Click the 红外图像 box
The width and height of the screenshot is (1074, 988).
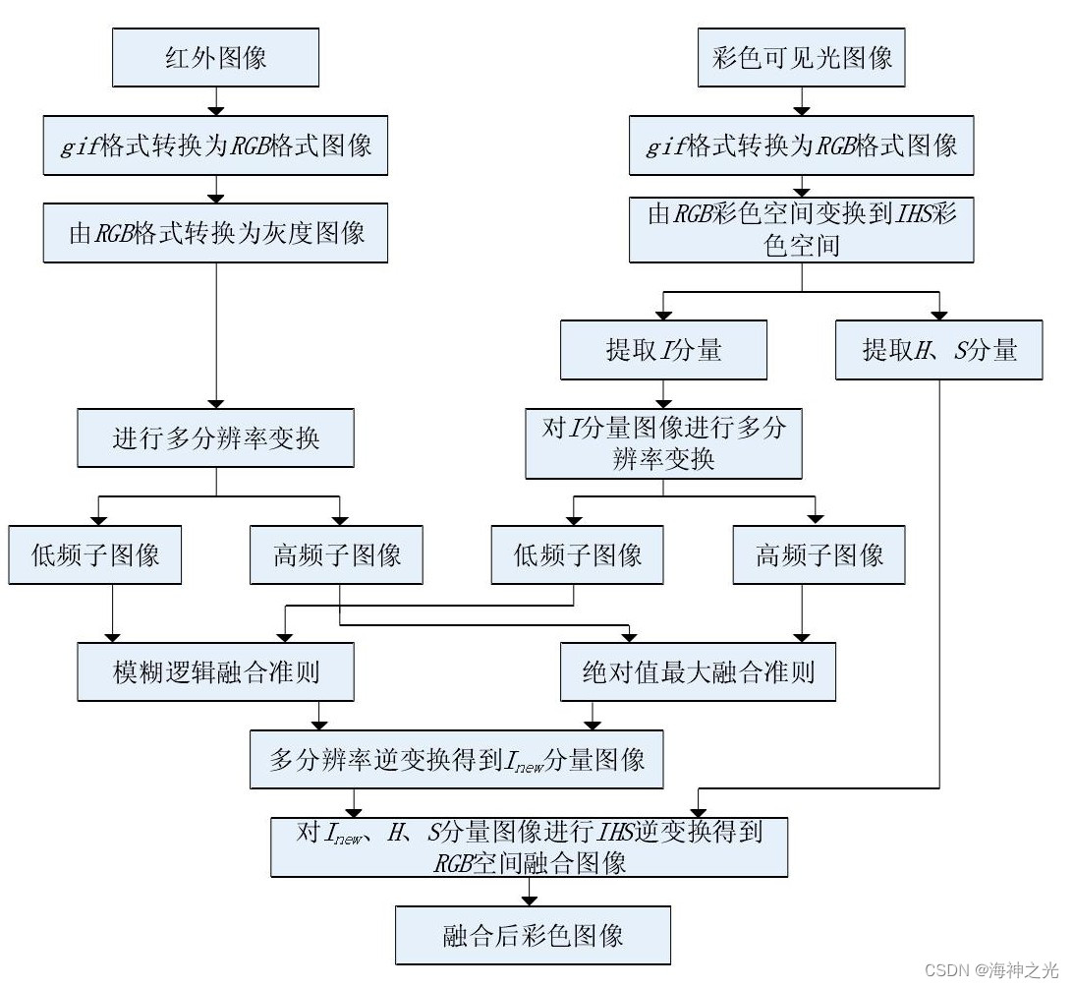[x=215, y=58]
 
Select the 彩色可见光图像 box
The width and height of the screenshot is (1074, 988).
[x=801, y=58]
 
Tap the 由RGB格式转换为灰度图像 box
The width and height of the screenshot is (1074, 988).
[x=215, y=233]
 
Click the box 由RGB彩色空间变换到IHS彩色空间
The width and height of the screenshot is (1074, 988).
[x=801, y=229]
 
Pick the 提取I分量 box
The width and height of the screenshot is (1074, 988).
[x=663, y=350]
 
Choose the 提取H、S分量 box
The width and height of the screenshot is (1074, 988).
[x=938, y=350]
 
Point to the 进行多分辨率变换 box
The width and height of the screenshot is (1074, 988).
[x=215, y=437]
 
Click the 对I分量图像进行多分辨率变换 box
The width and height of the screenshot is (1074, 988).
[x=663, y=443]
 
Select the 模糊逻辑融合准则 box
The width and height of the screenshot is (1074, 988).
[x=215, y=671]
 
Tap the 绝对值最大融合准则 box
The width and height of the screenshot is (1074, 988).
[x=698, y=671]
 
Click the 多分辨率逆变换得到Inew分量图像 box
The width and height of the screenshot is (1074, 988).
[x=457, y=759]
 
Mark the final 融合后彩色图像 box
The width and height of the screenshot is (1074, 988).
[x=533, y=934]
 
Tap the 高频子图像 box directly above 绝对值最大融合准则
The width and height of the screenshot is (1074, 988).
[x=819, y=554]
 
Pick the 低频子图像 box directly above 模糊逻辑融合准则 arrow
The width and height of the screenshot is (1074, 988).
[x=95, y=554]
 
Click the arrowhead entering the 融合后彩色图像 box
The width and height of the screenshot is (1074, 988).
[x=530, y=900]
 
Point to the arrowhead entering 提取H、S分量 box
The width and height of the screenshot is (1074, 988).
[x=938, y=315]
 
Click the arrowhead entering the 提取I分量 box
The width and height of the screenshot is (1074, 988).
[x=663, y=315]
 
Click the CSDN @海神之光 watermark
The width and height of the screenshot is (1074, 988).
[x=992, y=971]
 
